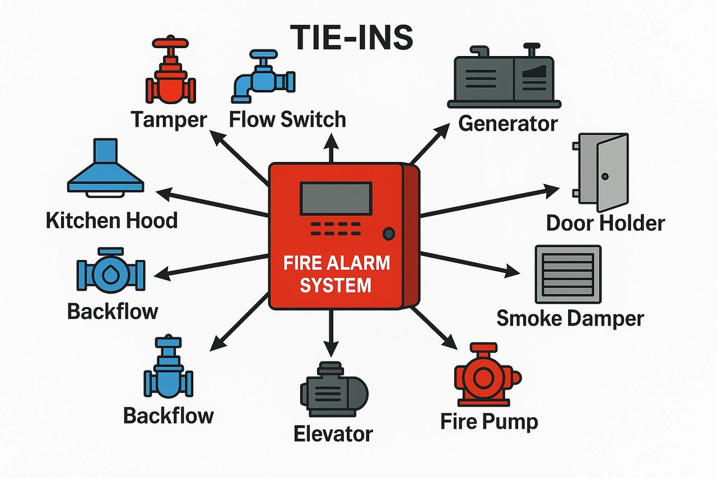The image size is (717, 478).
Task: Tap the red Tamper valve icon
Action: point(170,75)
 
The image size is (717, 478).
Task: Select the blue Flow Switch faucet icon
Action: point(260,78)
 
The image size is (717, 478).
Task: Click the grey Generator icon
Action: point(504,78)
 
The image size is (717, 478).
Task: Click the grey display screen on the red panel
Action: point(336,198)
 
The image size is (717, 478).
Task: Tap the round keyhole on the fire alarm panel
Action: point(387,233)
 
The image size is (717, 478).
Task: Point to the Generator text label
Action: point(508,123)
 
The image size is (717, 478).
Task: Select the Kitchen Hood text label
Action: point(111,220)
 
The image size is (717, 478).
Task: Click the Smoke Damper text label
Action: point(570,318)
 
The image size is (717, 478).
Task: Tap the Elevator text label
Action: point(333,433)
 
